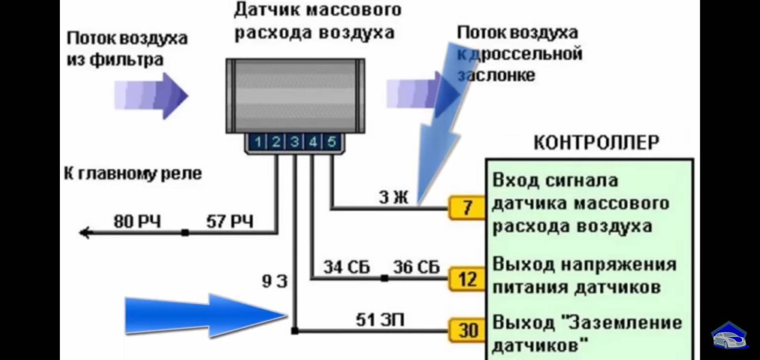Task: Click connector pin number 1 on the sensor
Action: click(258, 142)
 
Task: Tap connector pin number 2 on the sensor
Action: click(276, 142)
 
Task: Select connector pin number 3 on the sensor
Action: click(294, 142)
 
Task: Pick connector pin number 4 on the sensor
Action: click(313, 142)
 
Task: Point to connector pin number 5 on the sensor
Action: click(331, 142)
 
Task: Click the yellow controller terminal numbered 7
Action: click(467, 208)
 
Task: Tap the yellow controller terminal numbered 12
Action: click(467, 279)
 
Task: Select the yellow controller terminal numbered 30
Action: click(467, 330)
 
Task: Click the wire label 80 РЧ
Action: click(137, 222)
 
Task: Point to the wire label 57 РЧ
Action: click(230, 222)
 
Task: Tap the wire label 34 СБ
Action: click(346, 267)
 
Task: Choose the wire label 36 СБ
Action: click(416, 267)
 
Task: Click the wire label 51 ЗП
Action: click(380, 320)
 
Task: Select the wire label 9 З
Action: click(274, 281)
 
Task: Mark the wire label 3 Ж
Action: click(393, 197)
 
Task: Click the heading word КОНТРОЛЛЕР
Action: click(596, 143)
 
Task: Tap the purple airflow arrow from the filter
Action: click(151, 96)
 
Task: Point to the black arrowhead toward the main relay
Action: click(85, 233)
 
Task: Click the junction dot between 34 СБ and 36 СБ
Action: click(384, 279)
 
